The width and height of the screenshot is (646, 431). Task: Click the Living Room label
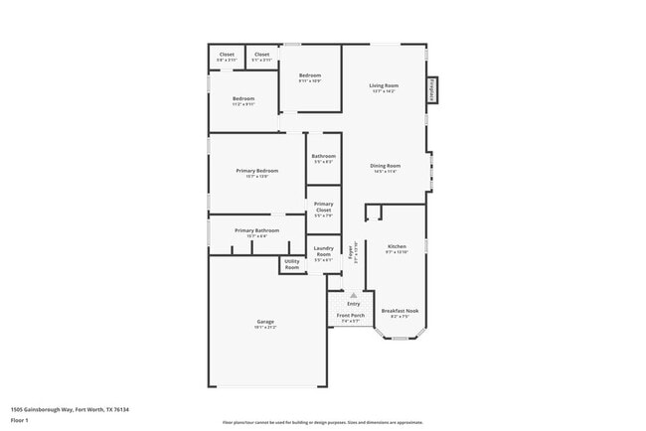pos(384,86)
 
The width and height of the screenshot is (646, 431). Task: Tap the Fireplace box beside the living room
pos(432,90)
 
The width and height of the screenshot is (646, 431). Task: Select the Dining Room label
pos(385,166)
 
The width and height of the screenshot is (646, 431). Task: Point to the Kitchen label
pos(397,246)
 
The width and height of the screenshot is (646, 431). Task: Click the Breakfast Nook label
pos(400,311)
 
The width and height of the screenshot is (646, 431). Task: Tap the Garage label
pos(265,322)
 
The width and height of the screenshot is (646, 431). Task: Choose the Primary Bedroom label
pos(256,171)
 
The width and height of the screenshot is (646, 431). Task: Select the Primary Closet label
pos(323,207)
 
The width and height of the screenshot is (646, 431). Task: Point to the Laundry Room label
pos(323,252)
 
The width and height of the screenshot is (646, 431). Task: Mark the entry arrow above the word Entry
pos(353,295)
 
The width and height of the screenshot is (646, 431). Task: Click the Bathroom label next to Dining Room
pos(323,156)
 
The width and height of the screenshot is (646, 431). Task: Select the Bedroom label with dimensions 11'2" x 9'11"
pos(243,98)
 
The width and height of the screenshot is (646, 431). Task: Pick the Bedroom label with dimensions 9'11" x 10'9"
pos(310,75)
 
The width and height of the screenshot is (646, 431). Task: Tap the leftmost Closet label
pos(227,55)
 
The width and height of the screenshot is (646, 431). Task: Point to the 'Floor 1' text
pos(19,420)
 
